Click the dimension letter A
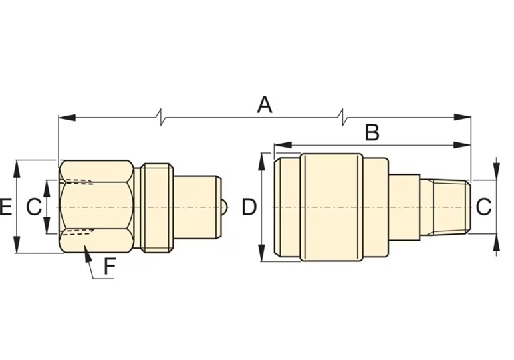(x=265, y=105)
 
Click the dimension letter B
(x=372, y=132)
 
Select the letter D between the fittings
(x=249, y=207)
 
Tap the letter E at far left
(x=6, y=207)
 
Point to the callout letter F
(x=110, y=266)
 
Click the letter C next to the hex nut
(x=34, y=207)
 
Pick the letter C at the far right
(x=484, y=207)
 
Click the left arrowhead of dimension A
(x=67, y=117)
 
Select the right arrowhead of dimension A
(x=462, y=117)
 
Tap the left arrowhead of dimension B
(x=283, y=145)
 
